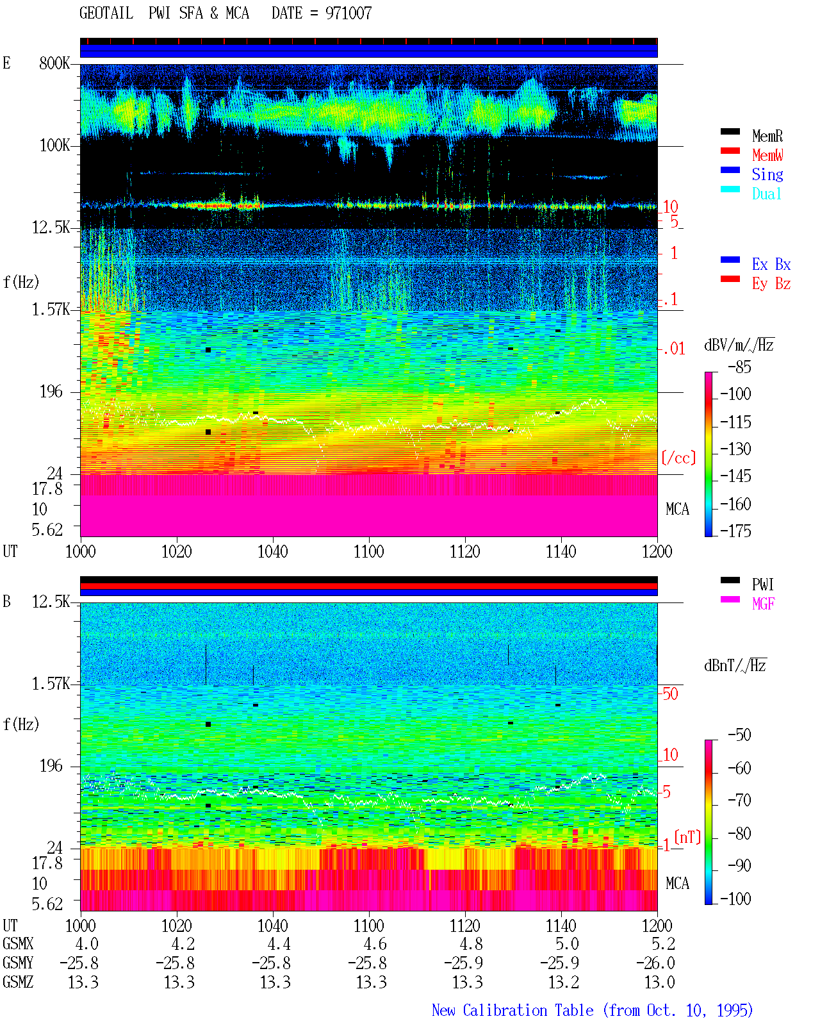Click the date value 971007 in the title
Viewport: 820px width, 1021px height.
pyautogui.click(x=348, y=13)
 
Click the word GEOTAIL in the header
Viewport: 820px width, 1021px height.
pyautogui.click(x=106, y=13)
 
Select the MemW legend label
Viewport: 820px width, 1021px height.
pyautogui.click(x=767, y=155)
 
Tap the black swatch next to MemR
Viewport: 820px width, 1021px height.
pyautogui.click(x=730, y=131)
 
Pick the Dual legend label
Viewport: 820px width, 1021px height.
pyautogui.click(x=766, y=194)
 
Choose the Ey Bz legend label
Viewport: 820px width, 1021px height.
pyautogui.click(x=771, y=284)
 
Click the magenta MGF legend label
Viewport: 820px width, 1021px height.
pyautogui.click(x=763, y=604)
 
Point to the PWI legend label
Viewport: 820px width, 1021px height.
pyautogui.click(x=762, y=584)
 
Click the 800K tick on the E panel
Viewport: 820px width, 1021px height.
pyautogui.click(x=54, y=63)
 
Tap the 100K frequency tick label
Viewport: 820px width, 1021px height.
pyautogui.click(x=54, y=145)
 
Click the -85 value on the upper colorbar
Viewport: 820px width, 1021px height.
pyautogui.click(x=739, y=367)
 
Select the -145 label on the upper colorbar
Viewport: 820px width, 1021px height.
pyautogui.click(x=735, y=476)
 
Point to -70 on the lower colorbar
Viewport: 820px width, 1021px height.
pyautogui.click(x=739, y=800)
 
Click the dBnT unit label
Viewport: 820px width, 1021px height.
pyautogui.click(x=735, y=665)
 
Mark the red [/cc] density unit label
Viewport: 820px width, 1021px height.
pyautogui.click(x=678, y=458)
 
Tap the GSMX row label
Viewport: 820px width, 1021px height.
pyautogui.click(x=18, y=943)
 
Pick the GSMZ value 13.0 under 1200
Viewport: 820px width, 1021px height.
pyautogui.click(x=659, y=982)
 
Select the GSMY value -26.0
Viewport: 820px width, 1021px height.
pyautogui.click(x=655, y=963)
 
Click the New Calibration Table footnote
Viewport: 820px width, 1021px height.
pyautogui.click(x=592, y=1010)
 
